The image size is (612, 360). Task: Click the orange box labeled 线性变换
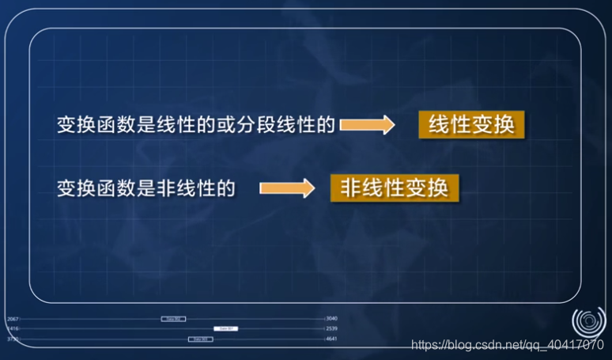(x=472, y=125)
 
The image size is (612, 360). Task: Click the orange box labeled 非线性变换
(x=394, y=188)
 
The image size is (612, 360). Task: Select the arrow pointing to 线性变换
(x=366, y=125)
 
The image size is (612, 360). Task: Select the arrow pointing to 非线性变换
(x=286, y=188)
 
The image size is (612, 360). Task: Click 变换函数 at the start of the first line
(x=95, y=125)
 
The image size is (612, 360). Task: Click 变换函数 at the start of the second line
(x=95, y=188)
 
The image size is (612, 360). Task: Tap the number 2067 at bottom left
(x=12, y=319)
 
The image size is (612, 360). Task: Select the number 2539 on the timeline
(x=332, y=328)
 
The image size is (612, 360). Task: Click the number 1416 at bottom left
(x=12, y=328)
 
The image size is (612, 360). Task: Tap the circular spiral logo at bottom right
(x=587, y=321)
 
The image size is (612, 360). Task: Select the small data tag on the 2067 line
(x=173, y=319)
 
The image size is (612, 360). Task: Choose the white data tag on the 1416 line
(x=225, y=328)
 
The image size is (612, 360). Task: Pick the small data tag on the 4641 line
(x=200, y=339)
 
